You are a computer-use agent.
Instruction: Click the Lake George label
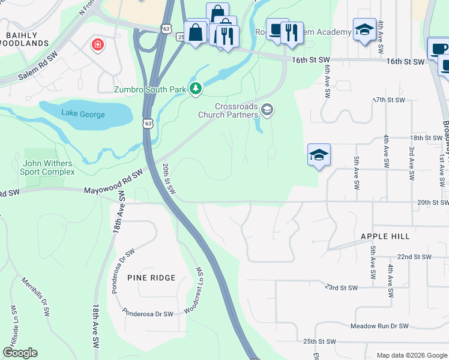(83, 114)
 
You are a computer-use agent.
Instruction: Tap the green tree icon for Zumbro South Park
(195, 89)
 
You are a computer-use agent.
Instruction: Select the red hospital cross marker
(97, 45)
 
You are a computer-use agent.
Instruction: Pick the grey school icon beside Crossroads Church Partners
(268, 109)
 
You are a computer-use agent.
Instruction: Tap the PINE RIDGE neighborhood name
(151, 278)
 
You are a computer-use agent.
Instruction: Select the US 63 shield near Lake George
(148, 123)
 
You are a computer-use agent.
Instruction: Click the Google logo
(20, 353)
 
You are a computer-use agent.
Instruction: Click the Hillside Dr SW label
(13, 324)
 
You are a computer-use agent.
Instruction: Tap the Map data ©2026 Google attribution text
(411, 355)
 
